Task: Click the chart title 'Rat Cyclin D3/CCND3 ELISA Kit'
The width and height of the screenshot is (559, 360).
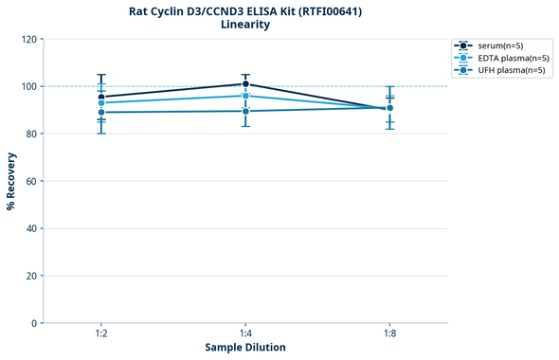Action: [244, 11]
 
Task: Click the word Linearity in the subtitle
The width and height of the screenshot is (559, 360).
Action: [244, 25]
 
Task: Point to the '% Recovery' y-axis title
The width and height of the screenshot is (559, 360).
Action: [11, 181]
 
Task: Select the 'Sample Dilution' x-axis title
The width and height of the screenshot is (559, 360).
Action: [245, 348]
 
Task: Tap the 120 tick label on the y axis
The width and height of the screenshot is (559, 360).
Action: [28, 39]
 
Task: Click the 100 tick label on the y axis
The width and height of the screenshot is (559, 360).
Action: [28, 86]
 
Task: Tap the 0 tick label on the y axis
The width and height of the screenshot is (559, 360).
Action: [34, 323]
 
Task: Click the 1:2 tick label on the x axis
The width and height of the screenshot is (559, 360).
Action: [101, 333]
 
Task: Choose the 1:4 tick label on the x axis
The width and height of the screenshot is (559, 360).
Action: [245, 333]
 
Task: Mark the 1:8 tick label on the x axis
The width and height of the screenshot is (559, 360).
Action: [389, 333]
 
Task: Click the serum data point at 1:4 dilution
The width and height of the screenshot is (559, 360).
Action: [245, 84]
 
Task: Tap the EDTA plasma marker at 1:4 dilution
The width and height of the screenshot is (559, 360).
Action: [245, 96]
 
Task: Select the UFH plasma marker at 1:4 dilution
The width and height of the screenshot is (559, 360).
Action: [245, 111]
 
